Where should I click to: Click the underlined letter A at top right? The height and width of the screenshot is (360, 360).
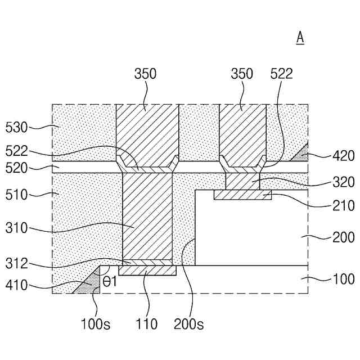(x=300, y=38)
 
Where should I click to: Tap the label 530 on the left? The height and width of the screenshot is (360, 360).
(x=16, y=128)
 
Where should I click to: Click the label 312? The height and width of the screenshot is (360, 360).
(x=16, y=263)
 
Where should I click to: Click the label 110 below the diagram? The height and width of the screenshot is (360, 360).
(x=146, y=324)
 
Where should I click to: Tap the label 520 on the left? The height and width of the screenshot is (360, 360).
(x=16, y=168)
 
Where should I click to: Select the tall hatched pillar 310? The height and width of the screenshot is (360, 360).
(x=147, y=217)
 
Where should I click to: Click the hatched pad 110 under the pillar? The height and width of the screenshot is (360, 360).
(x=147, y=271)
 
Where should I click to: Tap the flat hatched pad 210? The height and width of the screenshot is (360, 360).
(x=243, y=195)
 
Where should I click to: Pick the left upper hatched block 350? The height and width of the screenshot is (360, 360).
(x=147, y=132)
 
